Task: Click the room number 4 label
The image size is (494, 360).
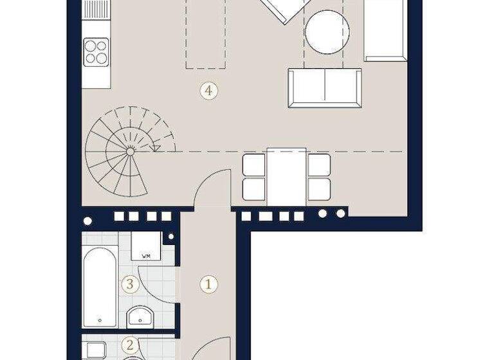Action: pos(207,90)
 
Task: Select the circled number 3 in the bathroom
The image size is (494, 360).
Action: pos(131,283)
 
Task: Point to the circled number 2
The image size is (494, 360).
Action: pos(131,345)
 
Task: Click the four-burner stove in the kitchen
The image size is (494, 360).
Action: pos(97,51)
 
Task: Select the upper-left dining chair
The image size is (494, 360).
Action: pos(254,165)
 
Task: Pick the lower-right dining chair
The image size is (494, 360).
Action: pos(319,188)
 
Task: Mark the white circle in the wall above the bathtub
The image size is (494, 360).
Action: pos(87,221)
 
